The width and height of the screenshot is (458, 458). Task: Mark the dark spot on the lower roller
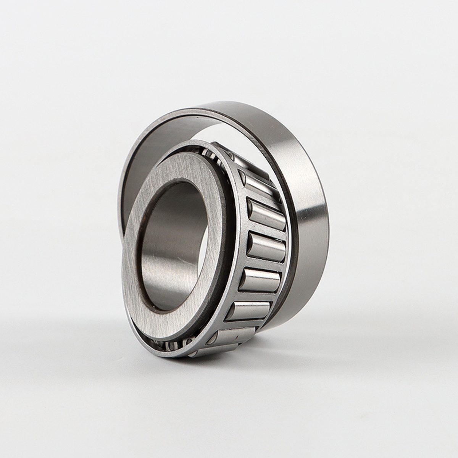pos(237,336)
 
